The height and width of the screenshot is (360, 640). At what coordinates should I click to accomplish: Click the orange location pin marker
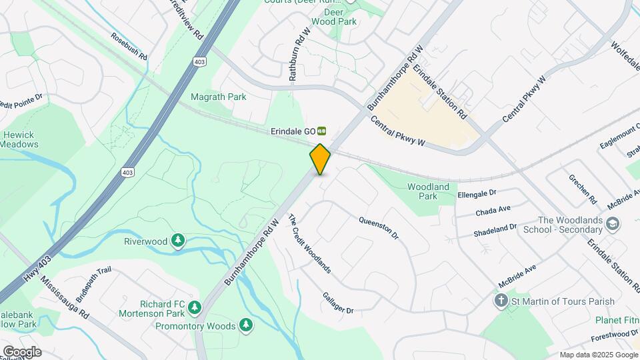[x=320, y=159]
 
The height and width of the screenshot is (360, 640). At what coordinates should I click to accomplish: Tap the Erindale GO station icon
[x=322, y=131]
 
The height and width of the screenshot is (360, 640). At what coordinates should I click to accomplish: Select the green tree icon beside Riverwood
[x=177, y=241]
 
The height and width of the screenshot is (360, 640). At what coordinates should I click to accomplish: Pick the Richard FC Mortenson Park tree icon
[x=194, y=307]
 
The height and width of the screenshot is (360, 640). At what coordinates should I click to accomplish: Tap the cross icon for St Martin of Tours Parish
[x=502, y=301]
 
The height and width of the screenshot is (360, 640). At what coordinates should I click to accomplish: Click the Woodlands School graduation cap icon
[x=613, y=223]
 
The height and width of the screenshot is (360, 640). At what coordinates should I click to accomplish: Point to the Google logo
[x=21, y=352]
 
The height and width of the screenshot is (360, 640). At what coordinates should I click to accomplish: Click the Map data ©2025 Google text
[x=598, y=355]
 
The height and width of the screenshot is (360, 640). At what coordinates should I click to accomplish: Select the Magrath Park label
[x=219, y=97]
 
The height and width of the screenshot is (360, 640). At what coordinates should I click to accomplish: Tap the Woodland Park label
[x=428, y=191]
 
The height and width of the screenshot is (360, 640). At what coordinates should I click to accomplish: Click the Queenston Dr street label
[x=378, y=228]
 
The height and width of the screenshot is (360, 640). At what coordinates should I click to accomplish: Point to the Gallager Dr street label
[x=337, y=302]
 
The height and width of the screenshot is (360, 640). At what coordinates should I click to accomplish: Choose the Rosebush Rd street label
[x=129, y=47]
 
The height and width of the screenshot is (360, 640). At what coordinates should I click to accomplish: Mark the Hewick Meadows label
[x=19, y=139]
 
